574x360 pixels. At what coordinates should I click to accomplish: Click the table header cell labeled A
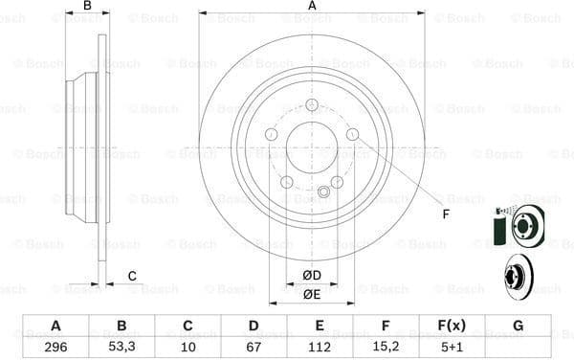pyautogui.click(x=55, y=326)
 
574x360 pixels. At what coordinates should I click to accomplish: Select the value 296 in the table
pyautogui.click(x=55, y=347)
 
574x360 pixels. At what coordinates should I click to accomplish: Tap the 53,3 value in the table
pyautogui.click(x=121, y=347)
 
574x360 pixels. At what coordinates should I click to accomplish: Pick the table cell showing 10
pyautogui.click(x=188, y=347)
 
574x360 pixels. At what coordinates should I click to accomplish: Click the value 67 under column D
pyautogui.click(x=254, y=347)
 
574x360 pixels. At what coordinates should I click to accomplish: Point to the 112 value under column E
pyautogui.click(x=320, y=347)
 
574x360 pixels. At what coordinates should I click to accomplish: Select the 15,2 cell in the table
pyautogui.click(x=386, y=347)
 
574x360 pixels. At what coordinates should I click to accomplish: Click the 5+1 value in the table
pyautogui.click(x=452, y=347)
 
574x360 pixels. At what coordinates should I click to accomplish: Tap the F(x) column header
pyautogui.click(x=452, y=326)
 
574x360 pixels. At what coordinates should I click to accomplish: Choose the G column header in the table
pyautogui.click(x=518, y=326)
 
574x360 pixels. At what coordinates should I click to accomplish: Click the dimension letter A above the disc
pyautogui.click(x=312, y=7)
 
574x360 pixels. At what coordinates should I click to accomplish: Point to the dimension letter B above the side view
pyautogui.click(x=87, y=7)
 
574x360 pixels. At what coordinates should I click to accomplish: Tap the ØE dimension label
pyautogui.click(x=312, y=294)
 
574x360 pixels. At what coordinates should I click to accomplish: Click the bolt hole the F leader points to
pyautogui.click(x=352, y=135)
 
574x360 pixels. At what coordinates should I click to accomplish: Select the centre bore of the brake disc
pyautogui.click(x=312, y=146)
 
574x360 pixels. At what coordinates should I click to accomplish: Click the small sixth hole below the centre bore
pyautogui.click(x=323, y=194)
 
